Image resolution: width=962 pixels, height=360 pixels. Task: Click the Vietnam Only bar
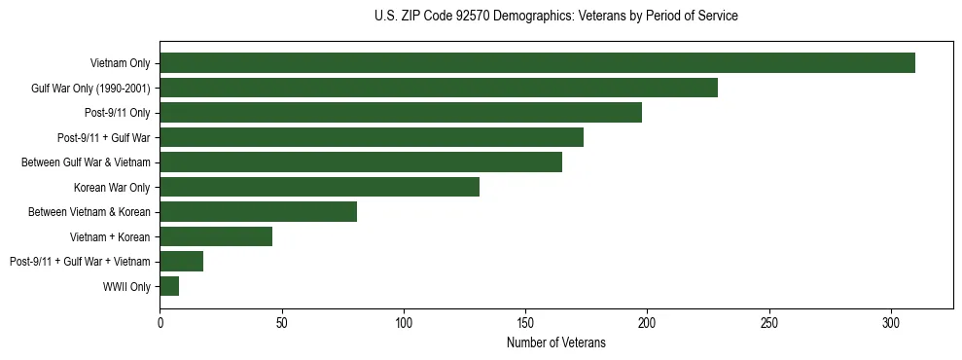tap(537, 63)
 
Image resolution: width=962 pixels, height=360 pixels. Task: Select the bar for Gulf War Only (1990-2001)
tap(439, 88)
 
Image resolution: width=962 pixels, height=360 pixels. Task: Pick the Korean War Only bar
tap(319, 187)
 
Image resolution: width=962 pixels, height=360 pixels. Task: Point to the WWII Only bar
tap(169, 286)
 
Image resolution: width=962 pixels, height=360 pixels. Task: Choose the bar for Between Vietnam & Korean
tap(258, 211)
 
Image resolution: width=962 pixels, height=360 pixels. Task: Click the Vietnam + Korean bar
tap(216, 236)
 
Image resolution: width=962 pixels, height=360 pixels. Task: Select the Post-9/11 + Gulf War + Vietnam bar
tap(181, 261)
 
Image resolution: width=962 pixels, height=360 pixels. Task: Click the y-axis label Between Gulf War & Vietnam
tap(86, 162)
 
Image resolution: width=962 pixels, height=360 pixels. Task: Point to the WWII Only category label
tap(126, 286)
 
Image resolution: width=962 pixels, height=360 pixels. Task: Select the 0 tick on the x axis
tap(160, 322)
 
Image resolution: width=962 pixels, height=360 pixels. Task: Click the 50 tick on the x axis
tap(281, 322)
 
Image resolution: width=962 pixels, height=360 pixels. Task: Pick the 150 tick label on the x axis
tap(525, 322)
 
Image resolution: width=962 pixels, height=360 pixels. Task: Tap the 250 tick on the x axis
tap(769, 322)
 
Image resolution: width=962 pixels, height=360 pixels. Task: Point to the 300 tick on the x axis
tap(891, 322)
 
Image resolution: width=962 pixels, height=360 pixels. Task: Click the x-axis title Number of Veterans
tap(555, 342)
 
